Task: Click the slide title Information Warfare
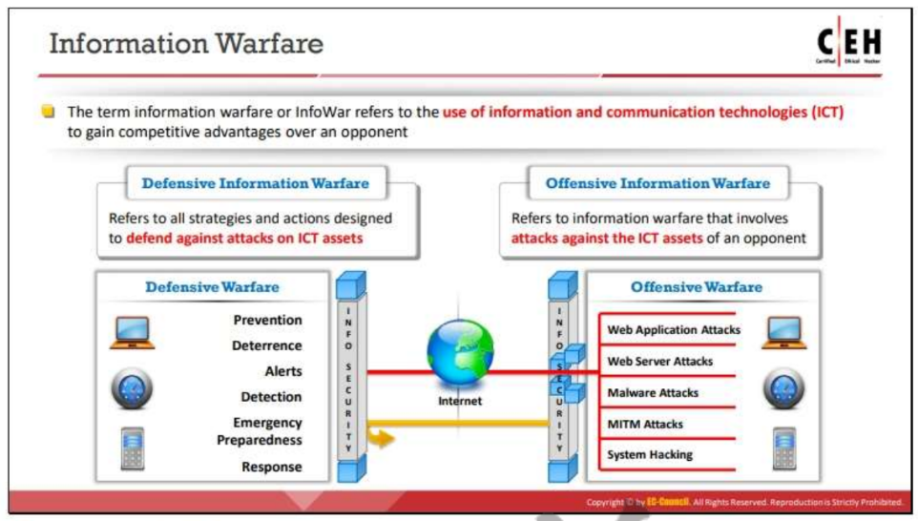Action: pos(186,44)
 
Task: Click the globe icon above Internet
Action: pos(460,352)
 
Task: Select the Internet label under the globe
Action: pos(460,401)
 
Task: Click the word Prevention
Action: pos(267,320)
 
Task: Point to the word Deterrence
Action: pos(266,345)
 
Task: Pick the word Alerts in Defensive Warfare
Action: pos(282,371)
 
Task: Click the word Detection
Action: pos(271,397)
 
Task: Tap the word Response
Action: pos(271,467)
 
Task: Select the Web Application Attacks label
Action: pos(674,330)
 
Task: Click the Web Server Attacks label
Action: pos(659,362)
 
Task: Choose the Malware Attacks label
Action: pos(653,392)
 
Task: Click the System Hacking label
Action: pos(650,454)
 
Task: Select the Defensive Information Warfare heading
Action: pos(255,183)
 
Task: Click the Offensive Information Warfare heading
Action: pos(657,183)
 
